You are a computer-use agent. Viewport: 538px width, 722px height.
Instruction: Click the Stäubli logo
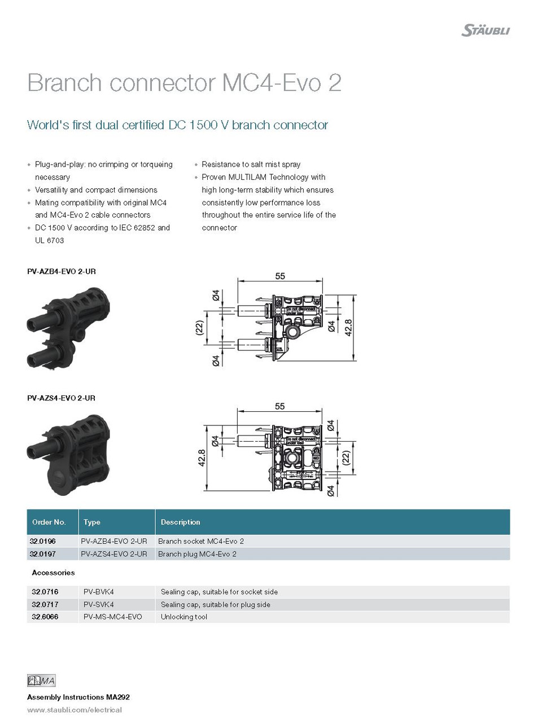coord(485,30)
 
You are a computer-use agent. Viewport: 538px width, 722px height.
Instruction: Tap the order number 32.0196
coord(43,541)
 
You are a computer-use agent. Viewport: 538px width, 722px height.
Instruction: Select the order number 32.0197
coord(43,554)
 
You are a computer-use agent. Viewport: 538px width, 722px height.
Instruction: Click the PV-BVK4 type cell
coord(99,592)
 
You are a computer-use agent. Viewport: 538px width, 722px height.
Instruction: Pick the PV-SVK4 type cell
coord(99,604)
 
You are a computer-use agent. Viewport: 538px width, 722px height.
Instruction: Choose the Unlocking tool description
coord(184,617)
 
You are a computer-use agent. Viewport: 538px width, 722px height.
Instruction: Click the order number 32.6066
coord(45,617)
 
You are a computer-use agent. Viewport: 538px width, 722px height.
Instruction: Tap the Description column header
coord(181,522)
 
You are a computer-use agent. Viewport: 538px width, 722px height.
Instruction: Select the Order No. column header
coord(49,522)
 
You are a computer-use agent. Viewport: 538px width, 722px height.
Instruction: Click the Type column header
coord(92,522)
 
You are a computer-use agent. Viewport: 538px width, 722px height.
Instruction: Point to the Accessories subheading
coord(54,573)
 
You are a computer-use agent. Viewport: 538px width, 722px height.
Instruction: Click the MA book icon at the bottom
coord(41,681)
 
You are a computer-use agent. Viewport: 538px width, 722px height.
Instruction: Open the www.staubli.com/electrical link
coord(75,710)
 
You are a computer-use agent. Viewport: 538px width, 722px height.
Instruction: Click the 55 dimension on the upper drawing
coord(280,276)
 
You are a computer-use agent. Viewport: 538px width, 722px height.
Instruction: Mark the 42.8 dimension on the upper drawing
coord(348,328)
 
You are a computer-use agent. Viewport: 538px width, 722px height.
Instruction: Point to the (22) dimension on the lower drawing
coord(346,457)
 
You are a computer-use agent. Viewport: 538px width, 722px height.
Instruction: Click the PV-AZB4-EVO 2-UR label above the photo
coord(62,271)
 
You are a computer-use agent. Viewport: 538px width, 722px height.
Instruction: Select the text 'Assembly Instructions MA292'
coord(78,697)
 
